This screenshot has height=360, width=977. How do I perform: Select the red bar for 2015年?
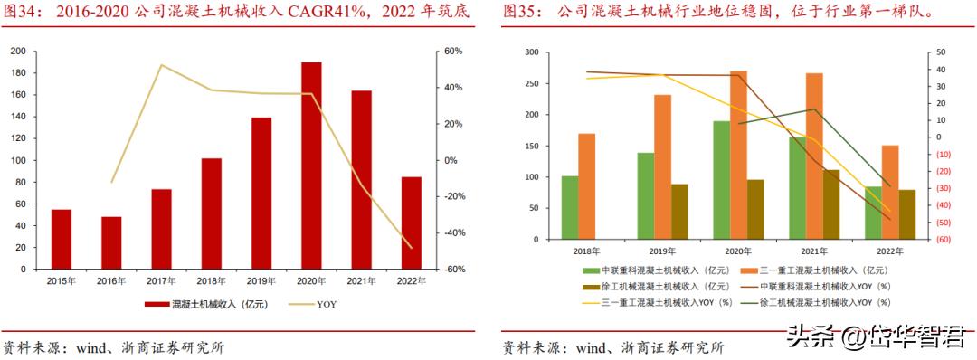point(62,240)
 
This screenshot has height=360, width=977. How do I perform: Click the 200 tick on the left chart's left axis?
point(17,51)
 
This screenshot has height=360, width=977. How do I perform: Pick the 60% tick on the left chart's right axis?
point(453,51)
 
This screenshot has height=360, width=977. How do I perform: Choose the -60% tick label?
point(453,270)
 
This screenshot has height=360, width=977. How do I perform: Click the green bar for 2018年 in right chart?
point(569,208)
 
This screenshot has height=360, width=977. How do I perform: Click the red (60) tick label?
point(941,240)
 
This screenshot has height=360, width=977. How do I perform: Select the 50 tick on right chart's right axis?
point(941,53)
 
